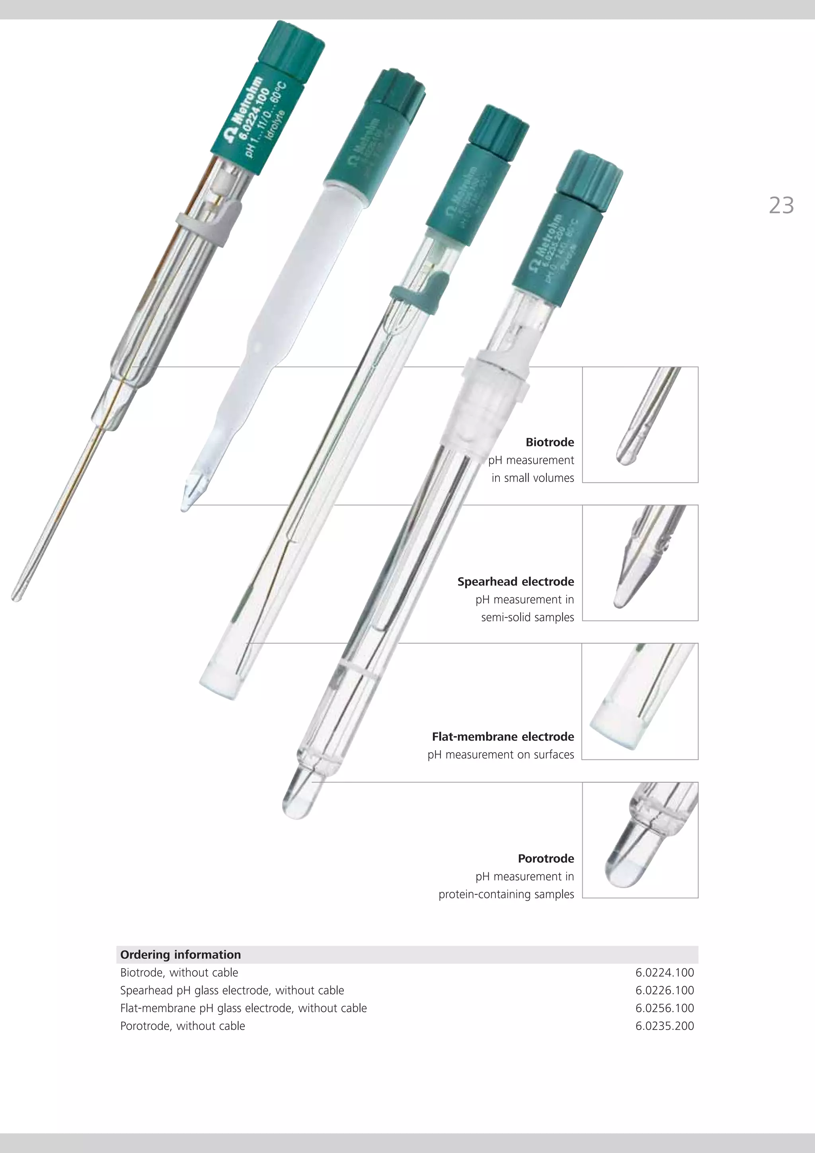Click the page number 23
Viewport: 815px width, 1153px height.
(x=781, y=205)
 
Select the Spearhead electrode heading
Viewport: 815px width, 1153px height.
(x=515, y=581)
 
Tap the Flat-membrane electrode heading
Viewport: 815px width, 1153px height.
(x=503, y=737)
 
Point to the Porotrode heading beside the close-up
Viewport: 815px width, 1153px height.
(x=546, y=859)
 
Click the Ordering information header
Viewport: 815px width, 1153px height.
(x=180, y=955)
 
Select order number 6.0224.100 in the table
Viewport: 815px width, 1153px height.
(x=664, y=973)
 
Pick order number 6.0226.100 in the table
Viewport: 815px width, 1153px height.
(x=664, y=990)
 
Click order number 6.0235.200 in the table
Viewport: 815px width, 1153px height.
(x=664, y=1026)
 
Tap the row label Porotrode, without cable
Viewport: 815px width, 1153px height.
(x=182, y=1026)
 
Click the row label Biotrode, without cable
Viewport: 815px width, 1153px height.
(x=179, y=973)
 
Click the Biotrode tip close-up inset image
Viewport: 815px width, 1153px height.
(x=640, y=425)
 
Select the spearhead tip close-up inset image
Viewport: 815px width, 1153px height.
(x=640, y=563)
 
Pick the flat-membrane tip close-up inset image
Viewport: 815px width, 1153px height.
(x=640, y=702)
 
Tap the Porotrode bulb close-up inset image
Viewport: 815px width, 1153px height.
(x=640, y=840)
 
